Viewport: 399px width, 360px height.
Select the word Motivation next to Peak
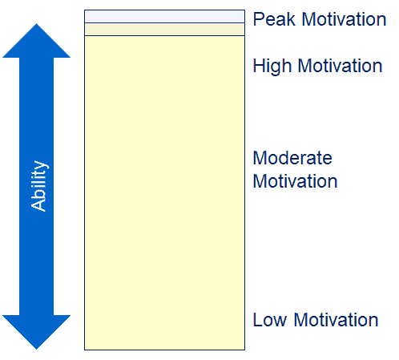pyautogui.click(x=345, y=19)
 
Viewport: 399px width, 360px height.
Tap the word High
pyautogui.click(x=272, y=67)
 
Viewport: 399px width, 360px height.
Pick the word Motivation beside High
pyautogui.click(x=340, y=66)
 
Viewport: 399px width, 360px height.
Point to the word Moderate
pyautogui.click(x=292, y=158)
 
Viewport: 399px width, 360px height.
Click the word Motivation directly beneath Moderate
pyautogui.click(x=295, y=181)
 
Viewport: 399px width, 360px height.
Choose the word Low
pyautogui.click(x=270, y=320)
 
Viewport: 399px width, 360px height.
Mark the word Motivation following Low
pyautogui.click(x=336, y=320)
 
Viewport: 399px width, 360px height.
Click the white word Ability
pyautogui.click(x=39, y=186)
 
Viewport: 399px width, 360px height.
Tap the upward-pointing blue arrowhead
pyautogui.click(x=36, y=41)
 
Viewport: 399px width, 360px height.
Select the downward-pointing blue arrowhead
pyautogui.click(x=36, y=332)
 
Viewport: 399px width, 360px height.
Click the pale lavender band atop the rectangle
pyautogui.click(x=164, y=17)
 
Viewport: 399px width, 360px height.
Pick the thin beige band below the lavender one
pyautogui.click(x=164, y=30)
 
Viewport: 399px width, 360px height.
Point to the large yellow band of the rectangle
pyautogui.click(x=164, y=192)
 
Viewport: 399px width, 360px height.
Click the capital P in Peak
pyautogui.click(x=258, y=19)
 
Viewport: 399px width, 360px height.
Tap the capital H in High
pyautogui.click(x=259, y=66)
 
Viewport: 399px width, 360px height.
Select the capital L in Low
pyautogui.click(x=257, y=320)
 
